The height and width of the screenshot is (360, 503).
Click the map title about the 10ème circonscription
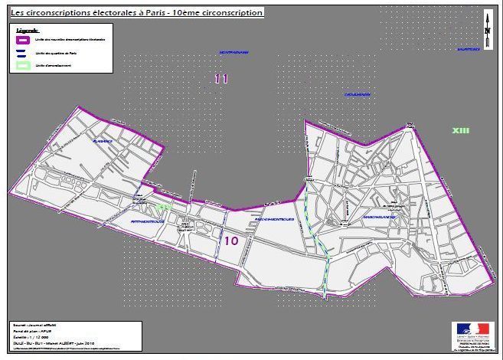[136, 13]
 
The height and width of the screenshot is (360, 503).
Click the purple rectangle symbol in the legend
[22, 38]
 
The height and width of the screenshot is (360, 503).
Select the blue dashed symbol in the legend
[22, 52]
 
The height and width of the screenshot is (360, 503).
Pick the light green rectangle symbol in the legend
[22, 66]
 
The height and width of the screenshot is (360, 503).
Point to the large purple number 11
[221, 78]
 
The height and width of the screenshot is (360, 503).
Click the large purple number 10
[232, 241]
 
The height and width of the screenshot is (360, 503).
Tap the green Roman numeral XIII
[460, 131]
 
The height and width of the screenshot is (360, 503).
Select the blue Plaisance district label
[102, 142]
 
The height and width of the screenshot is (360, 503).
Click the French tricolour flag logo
[472, 329]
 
